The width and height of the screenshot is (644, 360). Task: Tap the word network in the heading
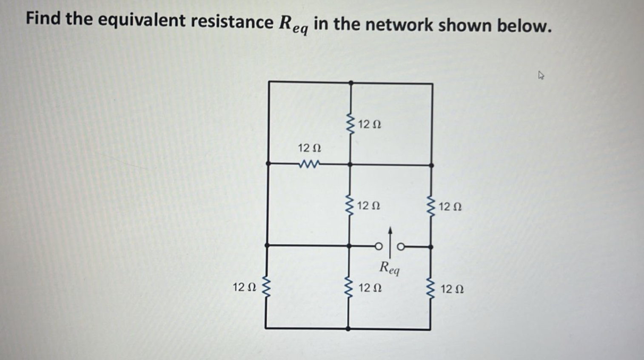coord(398,25)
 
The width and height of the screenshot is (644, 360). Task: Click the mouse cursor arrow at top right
coord(541,76)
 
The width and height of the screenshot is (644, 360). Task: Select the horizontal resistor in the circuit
coord(310,164)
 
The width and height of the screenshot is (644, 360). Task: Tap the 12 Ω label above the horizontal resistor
coord(309,148)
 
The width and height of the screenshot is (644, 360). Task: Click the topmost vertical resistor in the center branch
coord(350,124)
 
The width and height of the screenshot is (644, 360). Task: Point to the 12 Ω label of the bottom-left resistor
coord(244,287)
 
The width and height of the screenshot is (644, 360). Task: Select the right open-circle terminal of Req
coord(401,246)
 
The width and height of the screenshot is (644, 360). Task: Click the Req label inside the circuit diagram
coord(389,268)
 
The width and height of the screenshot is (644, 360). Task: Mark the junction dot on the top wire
coord(350,83)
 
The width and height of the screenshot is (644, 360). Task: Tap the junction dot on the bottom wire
coord(348,329)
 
